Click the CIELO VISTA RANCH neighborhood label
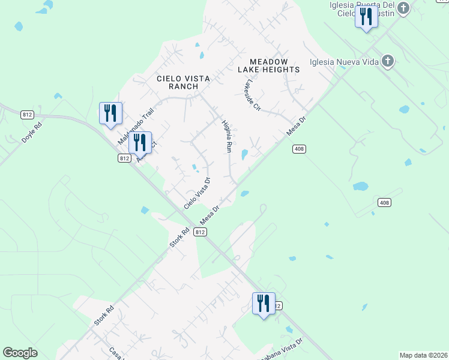[177, 82]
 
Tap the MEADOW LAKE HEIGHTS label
[268, 66]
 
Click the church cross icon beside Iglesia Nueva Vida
[388, 61]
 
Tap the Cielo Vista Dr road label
[198, 193]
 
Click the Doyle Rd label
[31, 131]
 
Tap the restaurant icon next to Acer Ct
[140, 143]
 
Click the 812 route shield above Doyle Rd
[26, 114]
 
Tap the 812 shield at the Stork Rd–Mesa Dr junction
[200, 232]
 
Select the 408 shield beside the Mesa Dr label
[299, 149]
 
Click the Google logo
[20, 353]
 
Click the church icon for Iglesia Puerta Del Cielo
[403, 8]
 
